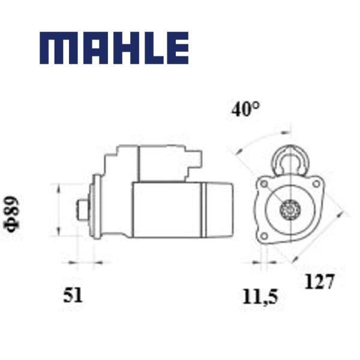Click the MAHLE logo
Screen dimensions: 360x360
pos(114,48)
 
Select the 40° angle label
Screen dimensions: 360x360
pos(245,109)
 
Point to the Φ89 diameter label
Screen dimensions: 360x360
pos(11,214)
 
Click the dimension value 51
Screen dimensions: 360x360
pos(73,295)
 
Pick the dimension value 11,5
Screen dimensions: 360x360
pos(260,296)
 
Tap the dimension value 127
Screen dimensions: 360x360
pos(319,281)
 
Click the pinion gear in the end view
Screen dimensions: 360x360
pos(290,209)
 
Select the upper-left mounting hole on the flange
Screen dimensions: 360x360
pos(264,184)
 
